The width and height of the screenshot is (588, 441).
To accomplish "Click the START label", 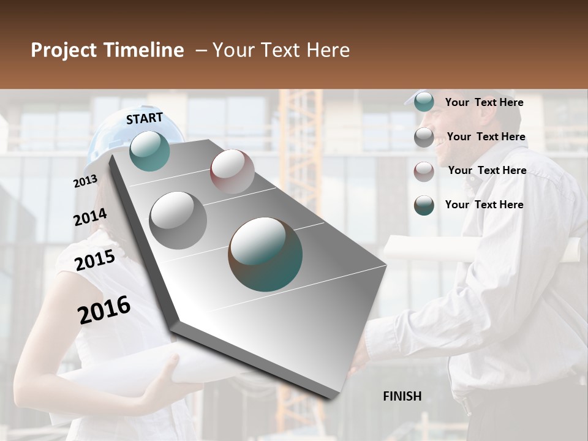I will pos(145,118).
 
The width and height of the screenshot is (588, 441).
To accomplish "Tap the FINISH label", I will pos(402,396).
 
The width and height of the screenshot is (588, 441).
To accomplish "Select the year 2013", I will pos(85,181).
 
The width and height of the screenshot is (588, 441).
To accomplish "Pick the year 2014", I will pos(90,217).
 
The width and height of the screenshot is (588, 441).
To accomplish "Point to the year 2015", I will pos(95,260).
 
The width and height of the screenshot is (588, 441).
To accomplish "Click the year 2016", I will pos(104,310).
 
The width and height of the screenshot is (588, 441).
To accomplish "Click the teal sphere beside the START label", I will pos(149,151).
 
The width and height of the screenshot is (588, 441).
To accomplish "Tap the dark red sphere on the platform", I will pos(232,171).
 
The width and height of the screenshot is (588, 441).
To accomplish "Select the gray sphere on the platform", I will pos(178,221).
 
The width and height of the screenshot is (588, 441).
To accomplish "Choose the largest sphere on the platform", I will pos(265,254).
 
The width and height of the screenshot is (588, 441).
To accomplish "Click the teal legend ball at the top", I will pos(424,102).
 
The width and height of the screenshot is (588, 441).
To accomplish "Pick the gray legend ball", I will pos(424,137).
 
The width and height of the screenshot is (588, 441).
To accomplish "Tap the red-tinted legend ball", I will pos(424,171).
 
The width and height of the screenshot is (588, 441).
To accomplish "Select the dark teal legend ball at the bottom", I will pos(424,205).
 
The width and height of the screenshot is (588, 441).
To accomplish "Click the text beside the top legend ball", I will pos(484,102).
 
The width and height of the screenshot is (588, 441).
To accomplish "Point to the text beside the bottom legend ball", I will pos(484,205).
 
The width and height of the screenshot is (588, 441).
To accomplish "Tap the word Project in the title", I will pos(63,50).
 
